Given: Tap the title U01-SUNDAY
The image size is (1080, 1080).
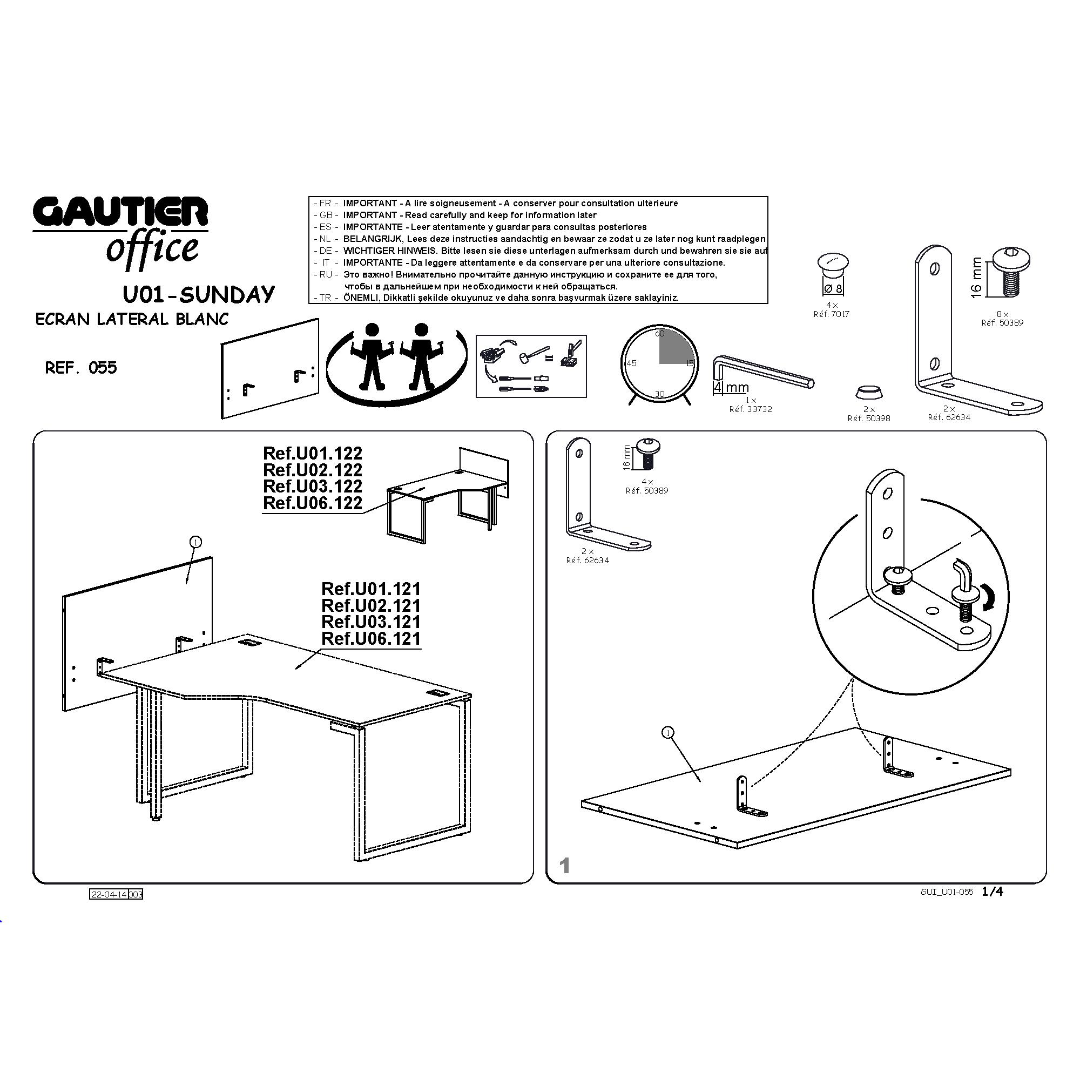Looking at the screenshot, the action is pos(198,294).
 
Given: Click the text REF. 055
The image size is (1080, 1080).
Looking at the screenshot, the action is pos(81,368).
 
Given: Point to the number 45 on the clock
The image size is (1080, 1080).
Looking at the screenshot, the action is pos(631,363).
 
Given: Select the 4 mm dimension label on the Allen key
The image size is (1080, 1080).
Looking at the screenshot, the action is pos(731,387).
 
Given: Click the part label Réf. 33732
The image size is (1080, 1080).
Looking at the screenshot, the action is pos(751,409).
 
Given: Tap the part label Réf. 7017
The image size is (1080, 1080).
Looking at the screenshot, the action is pos(831,314).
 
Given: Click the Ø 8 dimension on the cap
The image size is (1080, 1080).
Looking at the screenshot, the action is pos(833,288).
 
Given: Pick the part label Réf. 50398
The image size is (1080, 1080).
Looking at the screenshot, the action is pos(869,418).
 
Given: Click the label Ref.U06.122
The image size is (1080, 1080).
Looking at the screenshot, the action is pos(313,503).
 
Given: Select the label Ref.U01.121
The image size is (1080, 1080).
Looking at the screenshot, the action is pos(370,589).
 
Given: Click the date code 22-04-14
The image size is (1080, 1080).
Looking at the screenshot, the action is pos(109,894).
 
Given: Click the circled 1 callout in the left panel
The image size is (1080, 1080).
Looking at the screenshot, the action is pos(195,542).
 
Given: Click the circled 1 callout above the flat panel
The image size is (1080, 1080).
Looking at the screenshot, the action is pos(667,733).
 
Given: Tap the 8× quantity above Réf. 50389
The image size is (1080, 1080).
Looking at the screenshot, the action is pos(1002,314).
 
